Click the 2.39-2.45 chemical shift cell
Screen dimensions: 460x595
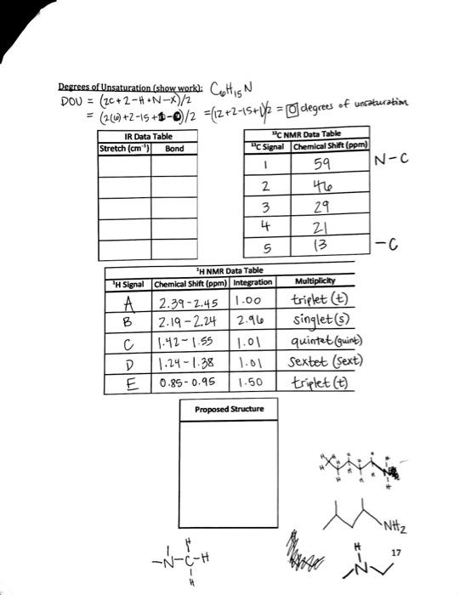point(187,303)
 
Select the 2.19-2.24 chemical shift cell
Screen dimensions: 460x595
point(187,322)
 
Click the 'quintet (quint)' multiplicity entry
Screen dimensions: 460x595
point(327,343)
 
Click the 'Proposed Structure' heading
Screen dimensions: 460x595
point(229,410)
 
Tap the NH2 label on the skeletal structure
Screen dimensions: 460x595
point(404,521)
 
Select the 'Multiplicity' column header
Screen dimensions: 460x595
point(315,281)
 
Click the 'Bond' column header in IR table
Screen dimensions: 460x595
point(174,148)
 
